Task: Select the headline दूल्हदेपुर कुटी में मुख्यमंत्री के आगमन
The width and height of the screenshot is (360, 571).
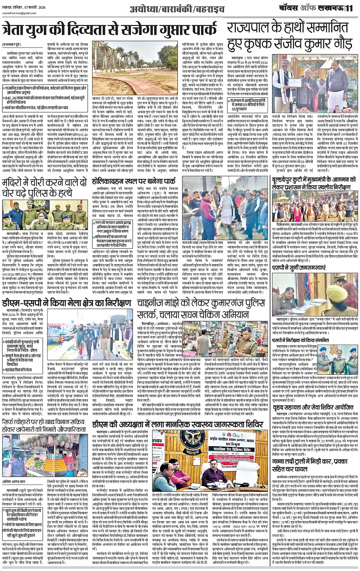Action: point(317,187)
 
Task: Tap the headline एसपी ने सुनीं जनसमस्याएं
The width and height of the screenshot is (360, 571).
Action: point(300,268)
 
